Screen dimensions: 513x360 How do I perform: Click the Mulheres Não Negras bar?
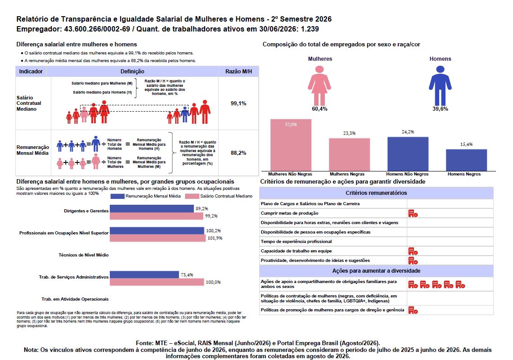tap(291, 145)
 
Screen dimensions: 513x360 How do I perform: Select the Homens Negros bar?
tap(466, 160)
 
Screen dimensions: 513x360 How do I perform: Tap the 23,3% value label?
tap(349, 133)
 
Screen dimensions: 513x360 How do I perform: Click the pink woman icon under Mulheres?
tap(319, 85)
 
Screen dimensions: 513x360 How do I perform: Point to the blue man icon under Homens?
tap(441, 85)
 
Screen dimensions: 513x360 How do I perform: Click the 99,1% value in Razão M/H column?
tap(238, 103)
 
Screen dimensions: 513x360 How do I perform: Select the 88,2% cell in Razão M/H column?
tap(238, 153)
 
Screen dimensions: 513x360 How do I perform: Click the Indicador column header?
tap(31, 72)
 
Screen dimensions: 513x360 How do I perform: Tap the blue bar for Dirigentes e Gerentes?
tap(152, 208)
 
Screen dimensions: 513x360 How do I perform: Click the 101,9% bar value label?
tap(215, 238)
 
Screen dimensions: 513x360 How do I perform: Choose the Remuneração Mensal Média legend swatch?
tap(117, 196)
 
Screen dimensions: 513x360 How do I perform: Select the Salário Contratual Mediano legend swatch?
tap(192, 196)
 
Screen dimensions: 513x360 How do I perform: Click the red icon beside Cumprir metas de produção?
tap(413, 213)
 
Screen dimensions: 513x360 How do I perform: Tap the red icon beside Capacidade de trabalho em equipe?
tap(413, 251)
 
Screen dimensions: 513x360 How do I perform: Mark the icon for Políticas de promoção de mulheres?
tap(413, 310)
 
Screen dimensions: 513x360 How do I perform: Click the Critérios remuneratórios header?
tap(376, 193)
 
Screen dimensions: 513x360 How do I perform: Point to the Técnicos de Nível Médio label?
tap(83, 255)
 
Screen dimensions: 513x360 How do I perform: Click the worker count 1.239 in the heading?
tap(310, 29)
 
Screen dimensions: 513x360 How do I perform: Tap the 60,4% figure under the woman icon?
tap(319, 109)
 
